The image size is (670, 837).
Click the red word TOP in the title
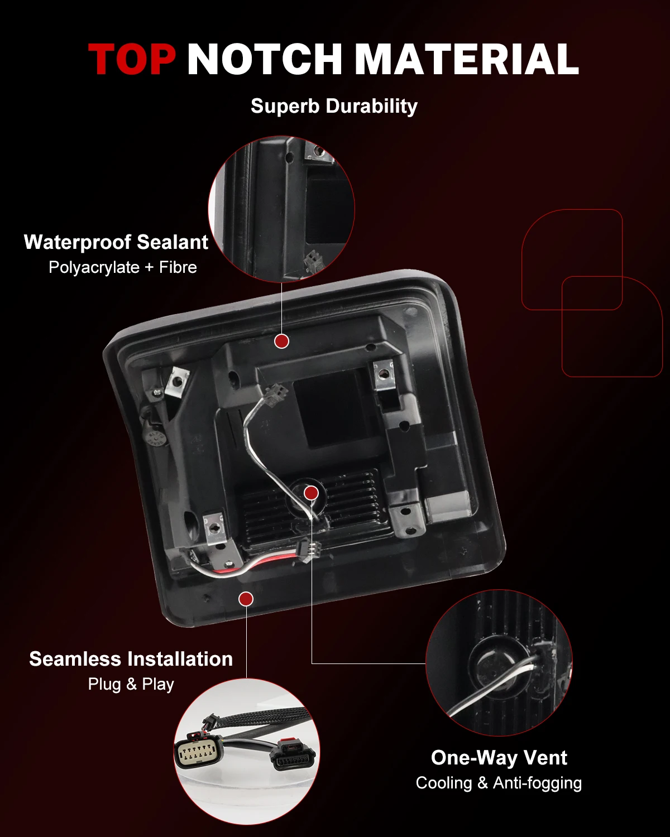(x=132, y=59)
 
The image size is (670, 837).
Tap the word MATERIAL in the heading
(x=466, y=59)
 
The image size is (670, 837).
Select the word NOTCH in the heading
(x=264, y=59)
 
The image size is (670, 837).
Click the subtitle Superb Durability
(x=334, y=106)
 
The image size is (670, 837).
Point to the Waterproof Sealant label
(x=116, y=242)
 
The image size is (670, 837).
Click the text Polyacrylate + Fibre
(x=123, y=267)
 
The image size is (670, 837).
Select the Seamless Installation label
(x=131, y=659)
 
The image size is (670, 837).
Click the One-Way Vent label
(x=499, y=757)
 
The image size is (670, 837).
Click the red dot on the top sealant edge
(x=281, y=341)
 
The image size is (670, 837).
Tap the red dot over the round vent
(x=311, y=493)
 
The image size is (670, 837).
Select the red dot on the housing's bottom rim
(x=246, y=599)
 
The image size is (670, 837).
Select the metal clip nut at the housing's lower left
(x=214, y=528)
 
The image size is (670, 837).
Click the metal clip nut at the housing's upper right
(x=383, y=374)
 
